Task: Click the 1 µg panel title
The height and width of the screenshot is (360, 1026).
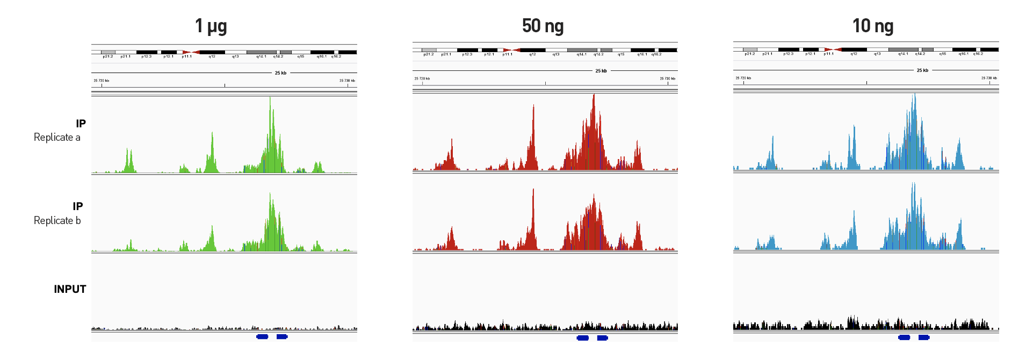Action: click(211, 26)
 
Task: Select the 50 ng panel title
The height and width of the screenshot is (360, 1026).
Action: click(543, 26)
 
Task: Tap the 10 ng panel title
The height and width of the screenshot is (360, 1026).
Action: click(872, 26)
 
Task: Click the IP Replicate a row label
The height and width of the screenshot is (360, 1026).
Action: click(57, 131)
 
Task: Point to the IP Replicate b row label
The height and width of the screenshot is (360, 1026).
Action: click(57, 213)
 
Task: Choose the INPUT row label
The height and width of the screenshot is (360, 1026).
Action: click(70, 289)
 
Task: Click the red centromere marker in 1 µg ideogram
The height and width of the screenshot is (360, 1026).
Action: click(191, 52)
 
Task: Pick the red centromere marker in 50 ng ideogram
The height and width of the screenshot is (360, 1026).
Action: click(511, 50)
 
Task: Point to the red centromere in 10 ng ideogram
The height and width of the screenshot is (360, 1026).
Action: click(833, 49)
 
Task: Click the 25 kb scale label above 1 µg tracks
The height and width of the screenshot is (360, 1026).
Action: click(280, 73)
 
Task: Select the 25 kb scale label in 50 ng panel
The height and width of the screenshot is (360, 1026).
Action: click(601, 71)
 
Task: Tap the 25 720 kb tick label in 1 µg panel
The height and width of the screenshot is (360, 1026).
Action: click(101, 81)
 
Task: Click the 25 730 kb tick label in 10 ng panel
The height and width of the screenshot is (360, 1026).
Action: click(989, 78)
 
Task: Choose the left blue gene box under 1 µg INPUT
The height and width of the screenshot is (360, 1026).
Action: click(262, 337)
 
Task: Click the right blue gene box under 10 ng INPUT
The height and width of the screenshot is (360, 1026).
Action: click(923, 337)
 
